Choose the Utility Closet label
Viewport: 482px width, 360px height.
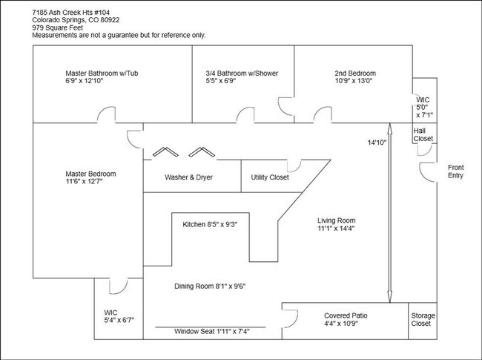(x=270, y=178)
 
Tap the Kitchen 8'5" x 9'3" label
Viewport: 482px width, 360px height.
(x=210, y=223)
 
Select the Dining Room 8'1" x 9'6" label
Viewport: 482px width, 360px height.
(x=210, y=286)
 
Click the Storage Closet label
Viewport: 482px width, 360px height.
(x=423, y=320)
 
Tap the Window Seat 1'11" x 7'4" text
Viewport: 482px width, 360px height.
(x=212, y=332)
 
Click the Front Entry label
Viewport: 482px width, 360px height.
(x=455, y=172)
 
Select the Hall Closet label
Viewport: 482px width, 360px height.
(x=423, y=134)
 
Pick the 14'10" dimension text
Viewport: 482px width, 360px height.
(x=377, y=143)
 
